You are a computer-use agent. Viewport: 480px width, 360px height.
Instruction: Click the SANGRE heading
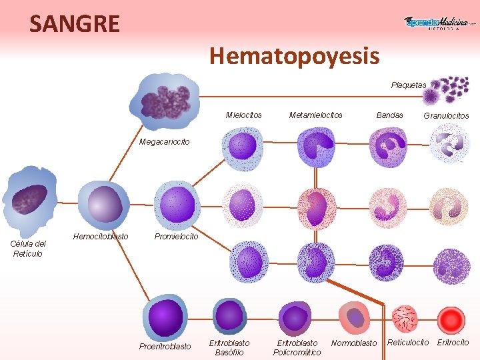pyautogui.click(x=75, y=24)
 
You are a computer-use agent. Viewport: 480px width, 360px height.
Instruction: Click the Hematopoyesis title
pyautogui.click(x=295, y=55)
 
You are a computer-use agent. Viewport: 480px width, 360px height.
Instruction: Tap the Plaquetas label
pyautogui.click(x=408, y=85)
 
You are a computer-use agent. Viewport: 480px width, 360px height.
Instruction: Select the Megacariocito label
pyautogui.click(x=164, y=141)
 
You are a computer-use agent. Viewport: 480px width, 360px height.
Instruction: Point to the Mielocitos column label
pyautogui.click(x=243, y=115)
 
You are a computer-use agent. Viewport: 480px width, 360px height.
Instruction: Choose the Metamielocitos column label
pyautogui.click(x=315, y=115)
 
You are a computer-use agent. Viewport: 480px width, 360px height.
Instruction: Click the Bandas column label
pyautogui.click(x=389, y=115)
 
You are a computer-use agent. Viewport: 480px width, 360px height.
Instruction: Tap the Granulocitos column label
pyautogui.click(x=446, y=115)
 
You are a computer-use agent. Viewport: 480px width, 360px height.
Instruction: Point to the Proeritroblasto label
pyautogui.click(x=165, y=346)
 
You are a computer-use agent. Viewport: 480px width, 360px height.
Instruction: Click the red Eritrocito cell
pyautogui.click(x=452, y=319)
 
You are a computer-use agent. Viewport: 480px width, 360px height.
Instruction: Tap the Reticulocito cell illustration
pyautogui.click(x=405, y=319)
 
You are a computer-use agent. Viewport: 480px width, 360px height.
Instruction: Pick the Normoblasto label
pyautogui.click(x=354, y=343)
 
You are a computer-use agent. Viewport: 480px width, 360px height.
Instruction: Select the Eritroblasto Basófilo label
pyautogui.click(x=229, y=347)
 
